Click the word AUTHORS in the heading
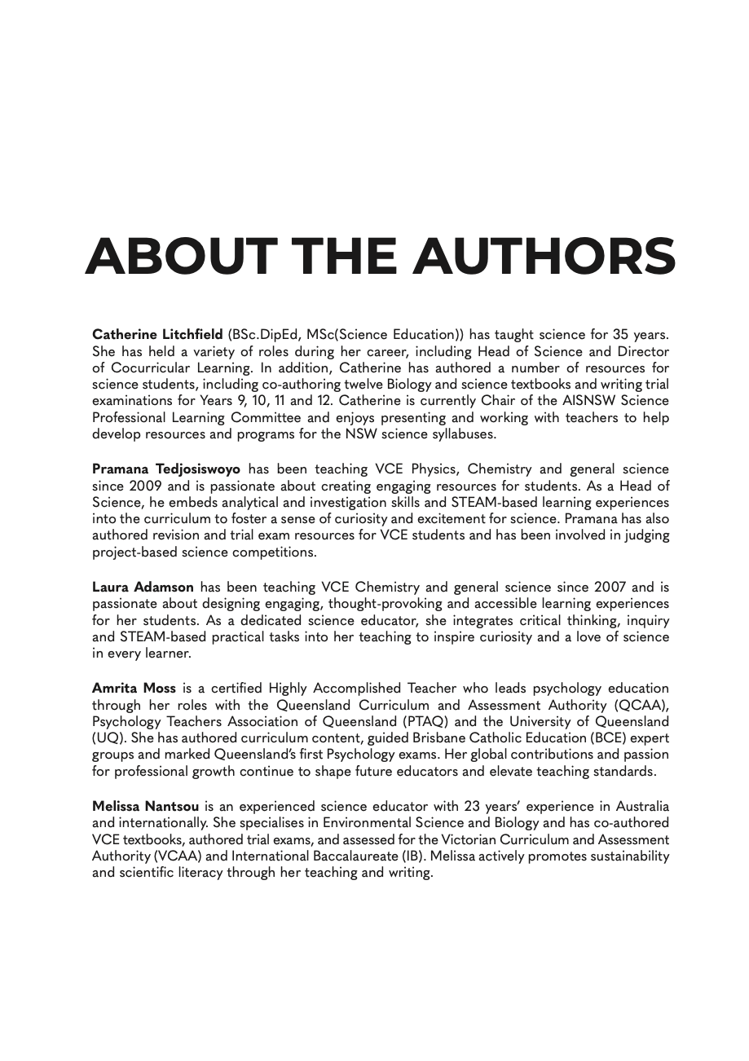tap(544, 257)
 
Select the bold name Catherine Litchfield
tap(157, 335)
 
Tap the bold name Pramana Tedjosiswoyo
tap(166, 469)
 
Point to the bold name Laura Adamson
tap(143, 588)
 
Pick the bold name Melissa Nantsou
tap(145, 807)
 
